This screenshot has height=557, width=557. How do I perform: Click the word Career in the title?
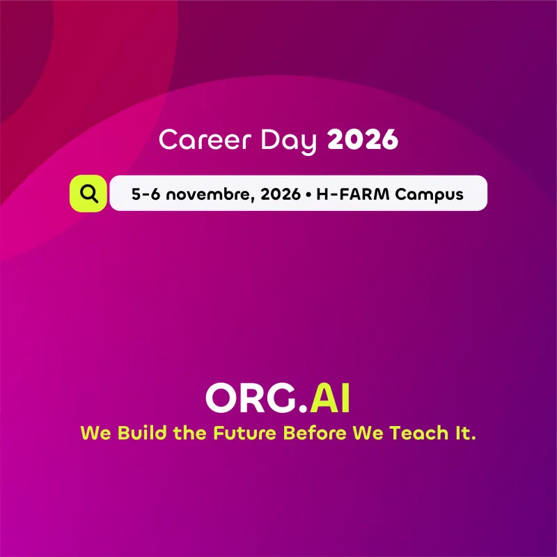pyautogui.click(x=205, y=139)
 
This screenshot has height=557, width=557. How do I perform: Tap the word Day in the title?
pyautogui.click(x=288, y=141)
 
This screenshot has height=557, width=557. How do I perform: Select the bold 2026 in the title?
pyautogui.click(x=362, y=139)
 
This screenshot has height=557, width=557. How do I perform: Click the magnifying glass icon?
pyautogui.click(x=89, y=194)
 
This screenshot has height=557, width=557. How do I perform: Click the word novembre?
pyautogui.click(x=210, y=194)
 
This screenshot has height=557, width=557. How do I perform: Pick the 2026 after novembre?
pyautogui.click(x=281, y=194)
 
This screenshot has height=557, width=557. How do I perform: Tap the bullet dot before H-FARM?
pyautogui.click(x=308, y=195)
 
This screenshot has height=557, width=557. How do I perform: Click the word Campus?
pyautogui.click(x=430, y=195)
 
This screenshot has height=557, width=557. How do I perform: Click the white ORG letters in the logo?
pyautogui.click(x=251, y=398)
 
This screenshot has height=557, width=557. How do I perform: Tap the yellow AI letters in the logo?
pyautogui.click(x=329, y=398)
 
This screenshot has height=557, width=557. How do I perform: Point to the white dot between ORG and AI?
pyautogui.click(x=303, y=409)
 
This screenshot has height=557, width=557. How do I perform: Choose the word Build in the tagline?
pyautogui.click(x=142, y=432)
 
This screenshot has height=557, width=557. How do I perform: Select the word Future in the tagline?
pyautogui.click(x=244, y=432)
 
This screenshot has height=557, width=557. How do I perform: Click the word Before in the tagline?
pyautogui.click(x=315, y=432)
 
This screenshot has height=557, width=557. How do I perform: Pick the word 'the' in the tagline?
pyautogui.click(x=189, y=432)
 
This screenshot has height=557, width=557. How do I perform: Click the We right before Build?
pyautogui.click(x=95, y=433)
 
